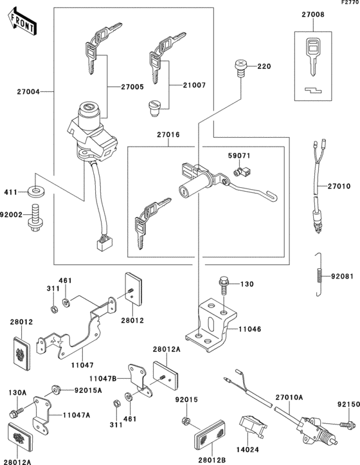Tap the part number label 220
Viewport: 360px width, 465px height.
click(264, 67)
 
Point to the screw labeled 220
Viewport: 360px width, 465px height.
click(241, 68)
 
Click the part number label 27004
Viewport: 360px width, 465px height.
click(27, 92)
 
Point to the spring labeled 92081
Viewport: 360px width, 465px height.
click(318, 278)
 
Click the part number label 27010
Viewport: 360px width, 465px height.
click(339, 187)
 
